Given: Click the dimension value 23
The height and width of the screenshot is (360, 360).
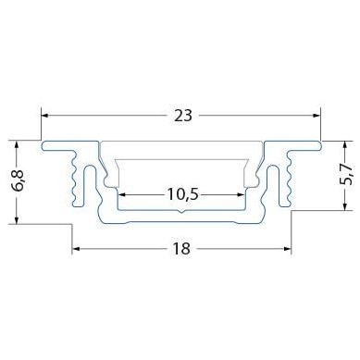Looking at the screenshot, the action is pyautogui.click(x=183, y=116).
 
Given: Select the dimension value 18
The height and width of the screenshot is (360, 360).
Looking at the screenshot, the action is pyautogui.click(x=181, y=249).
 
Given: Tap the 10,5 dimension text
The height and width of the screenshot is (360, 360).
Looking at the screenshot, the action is pyautogui.click(x=182, y=194).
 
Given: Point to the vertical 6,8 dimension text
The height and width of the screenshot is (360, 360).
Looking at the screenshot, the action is pyautogui.click(x=19, y=181).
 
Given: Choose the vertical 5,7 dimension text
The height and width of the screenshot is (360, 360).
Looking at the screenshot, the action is pyautogui.click(x=346, y=175).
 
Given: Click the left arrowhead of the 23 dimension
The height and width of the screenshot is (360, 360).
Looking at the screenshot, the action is pyautogui.click(x=45, y=116).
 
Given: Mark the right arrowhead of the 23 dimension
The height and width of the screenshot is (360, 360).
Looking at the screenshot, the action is pyautogui.click(x=317, y=116).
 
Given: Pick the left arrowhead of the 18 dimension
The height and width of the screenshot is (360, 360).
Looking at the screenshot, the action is pyautogui.click(x=77, y=249).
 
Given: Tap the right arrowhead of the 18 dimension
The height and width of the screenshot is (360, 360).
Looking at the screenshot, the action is pyautogui.click(x=287, y=249).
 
